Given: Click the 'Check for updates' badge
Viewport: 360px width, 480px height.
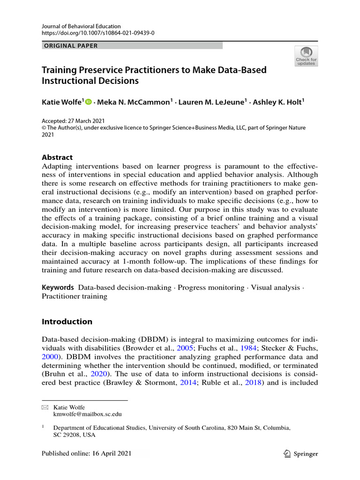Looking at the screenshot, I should click(306, 56).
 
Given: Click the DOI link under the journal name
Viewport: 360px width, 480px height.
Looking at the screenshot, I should click(98, 34).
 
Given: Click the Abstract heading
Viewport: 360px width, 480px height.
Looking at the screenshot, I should click(57, 157).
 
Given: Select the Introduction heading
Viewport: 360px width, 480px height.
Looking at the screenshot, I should click(67, 322).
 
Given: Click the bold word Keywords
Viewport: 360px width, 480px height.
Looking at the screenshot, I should click(58, 287).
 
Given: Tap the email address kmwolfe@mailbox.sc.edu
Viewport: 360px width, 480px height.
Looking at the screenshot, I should click(88, 414).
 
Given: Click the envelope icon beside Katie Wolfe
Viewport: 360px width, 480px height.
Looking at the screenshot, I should click(45, 408).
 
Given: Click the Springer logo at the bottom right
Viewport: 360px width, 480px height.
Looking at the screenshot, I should click(301, 453).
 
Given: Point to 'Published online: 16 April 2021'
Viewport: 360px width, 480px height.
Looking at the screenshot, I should click(87, 453).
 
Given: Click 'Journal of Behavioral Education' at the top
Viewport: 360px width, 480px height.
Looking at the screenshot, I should click(81, 26).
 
